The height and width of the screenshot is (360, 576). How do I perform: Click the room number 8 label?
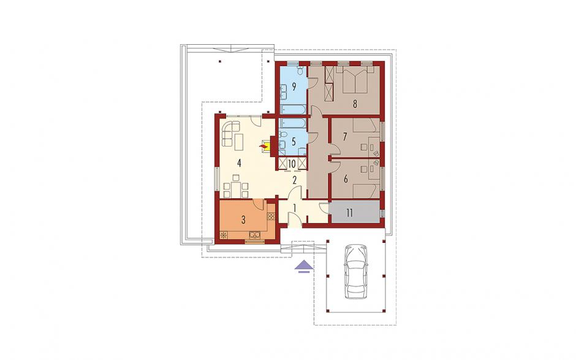pos(355,104)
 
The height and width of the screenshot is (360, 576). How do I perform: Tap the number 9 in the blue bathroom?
pos(294,87)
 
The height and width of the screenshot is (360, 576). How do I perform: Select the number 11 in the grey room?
pos(349,213)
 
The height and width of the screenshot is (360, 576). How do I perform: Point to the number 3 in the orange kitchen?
pos(243,220)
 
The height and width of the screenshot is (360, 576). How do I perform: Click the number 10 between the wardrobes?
pos(292,163)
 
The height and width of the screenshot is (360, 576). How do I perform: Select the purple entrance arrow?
pos(304,267)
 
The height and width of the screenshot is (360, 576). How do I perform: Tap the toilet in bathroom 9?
pos(300,70)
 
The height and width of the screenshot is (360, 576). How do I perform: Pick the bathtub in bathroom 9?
pos(292,110)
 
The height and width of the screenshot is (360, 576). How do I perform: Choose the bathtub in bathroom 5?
pos(293,123)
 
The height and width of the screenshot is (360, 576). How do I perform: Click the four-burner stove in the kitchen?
pos(271,216)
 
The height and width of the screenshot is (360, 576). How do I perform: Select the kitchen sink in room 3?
pos(254,234)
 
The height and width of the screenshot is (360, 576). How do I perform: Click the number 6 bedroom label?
pos(346,180)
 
